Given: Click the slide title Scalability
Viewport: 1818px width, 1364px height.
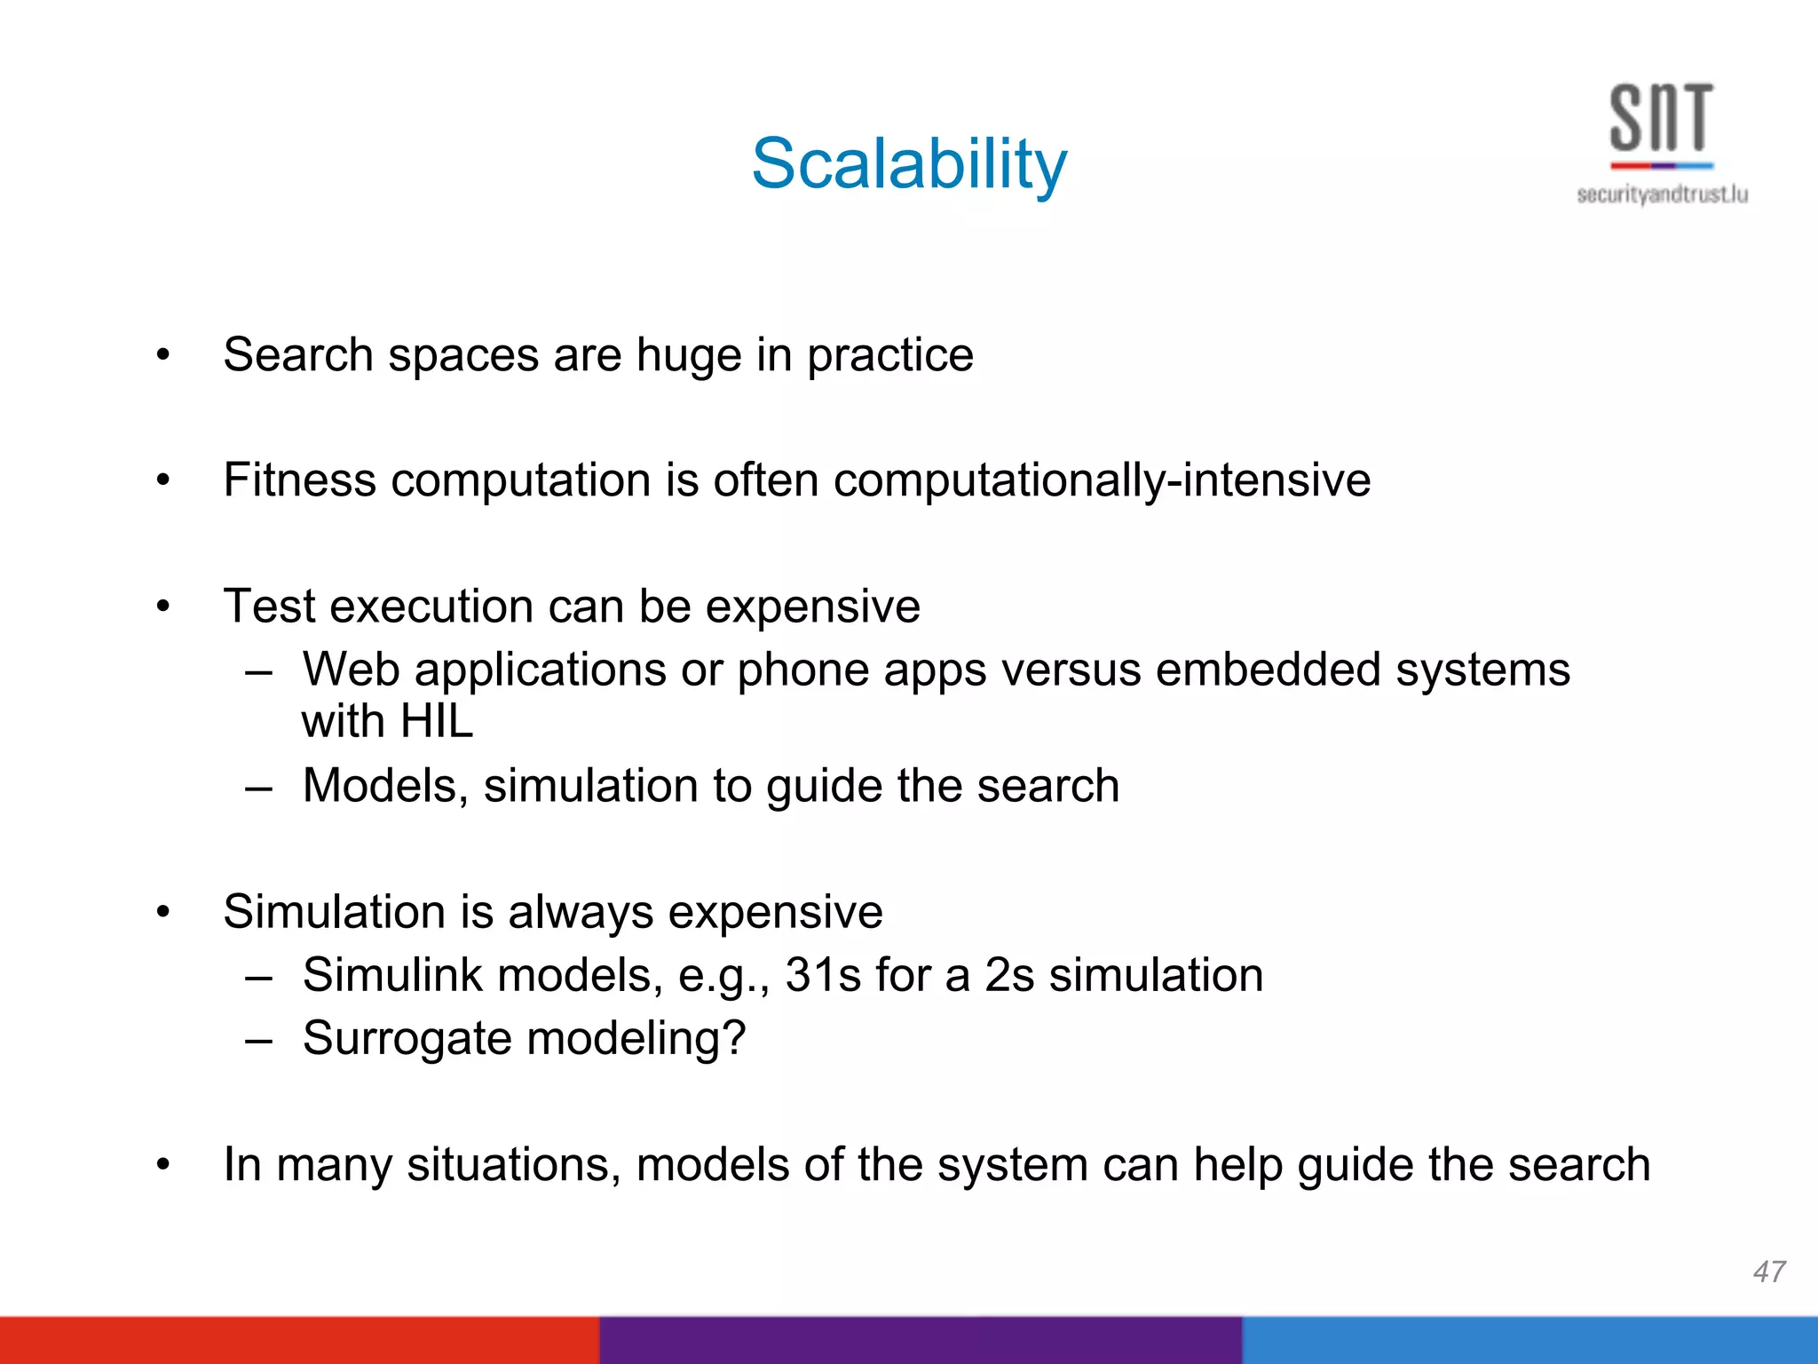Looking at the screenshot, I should [909, 165].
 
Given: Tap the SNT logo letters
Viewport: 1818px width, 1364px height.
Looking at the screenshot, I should [1661, 118].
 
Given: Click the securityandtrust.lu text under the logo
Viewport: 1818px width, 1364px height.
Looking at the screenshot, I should [1662, 194].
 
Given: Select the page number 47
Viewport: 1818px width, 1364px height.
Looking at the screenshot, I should [1768, 1272].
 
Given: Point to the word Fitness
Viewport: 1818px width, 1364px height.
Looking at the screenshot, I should [299, 480].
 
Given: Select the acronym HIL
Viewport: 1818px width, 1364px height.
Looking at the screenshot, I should [436, 721].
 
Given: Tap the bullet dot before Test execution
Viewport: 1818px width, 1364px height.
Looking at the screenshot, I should [162, 607].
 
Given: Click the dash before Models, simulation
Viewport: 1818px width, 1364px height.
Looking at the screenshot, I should [258, 788].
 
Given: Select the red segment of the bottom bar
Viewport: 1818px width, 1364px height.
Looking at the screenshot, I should [299, 1340].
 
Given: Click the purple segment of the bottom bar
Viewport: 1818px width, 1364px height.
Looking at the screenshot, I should [921, 1340].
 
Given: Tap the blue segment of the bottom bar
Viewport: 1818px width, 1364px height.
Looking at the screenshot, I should [1529, 1340].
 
